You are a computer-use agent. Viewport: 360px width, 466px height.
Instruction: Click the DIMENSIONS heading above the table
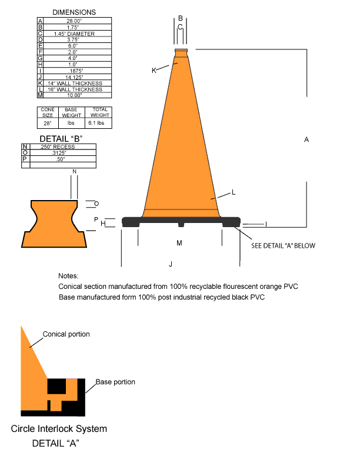74,12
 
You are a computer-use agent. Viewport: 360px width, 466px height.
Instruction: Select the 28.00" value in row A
74,21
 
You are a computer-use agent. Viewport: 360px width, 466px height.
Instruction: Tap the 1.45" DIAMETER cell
74,34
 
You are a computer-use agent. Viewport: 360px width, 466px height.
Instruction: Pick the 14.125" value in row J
74,76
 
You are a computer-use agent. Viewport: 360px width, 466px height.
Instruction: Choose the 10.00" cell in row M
74,95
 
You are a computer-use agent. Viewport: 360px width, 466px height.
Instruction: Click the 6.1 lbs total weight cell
96,124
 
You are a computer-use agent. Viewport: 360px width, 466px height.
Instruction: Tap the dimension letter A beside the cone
306,139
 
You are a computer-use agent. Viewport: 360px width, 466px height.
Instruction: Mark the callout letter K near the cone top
154,71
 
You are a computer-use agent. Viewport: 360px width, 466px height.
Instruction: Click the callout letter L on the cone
234,192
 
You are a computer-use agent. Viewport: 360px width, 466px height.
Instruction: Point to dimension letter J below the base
171,264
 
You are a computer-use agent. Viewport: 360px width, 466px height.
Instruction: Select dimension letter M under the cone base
180,242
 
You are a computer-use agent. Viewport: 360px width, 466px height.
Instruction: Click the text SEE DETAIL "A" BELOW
283,245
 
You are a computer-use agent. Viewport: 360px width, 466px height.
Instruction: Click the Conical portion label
66,334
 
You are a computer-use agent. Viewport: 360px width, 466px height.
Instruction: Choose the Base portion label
115,382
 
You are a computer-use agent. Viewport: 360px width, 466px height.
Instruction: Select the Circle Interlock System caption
59,428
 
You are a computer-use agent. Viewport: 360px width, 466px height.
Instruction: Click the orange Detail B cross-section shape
54,224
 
